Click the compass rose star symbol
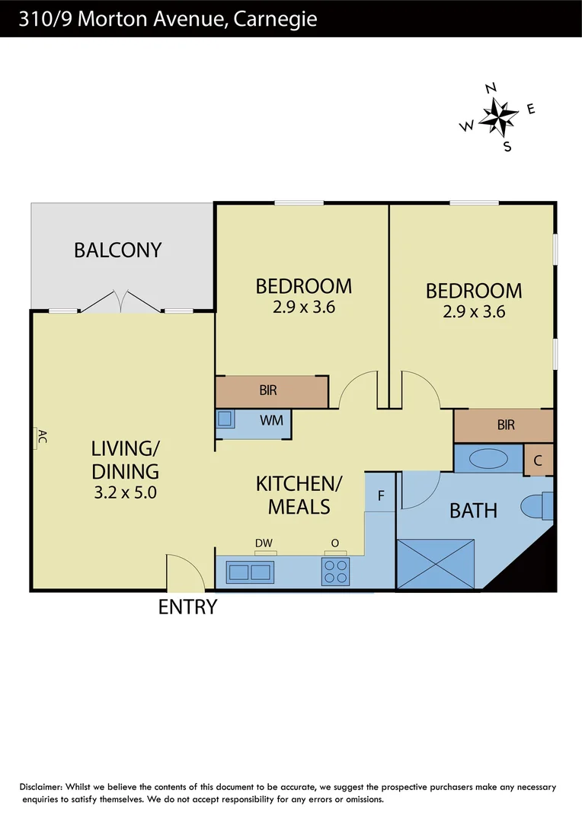[499, 116]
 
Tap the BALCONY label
[118, 250]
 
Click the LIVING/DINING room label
[126, 459]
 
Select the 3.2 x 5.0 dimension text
[125, 492]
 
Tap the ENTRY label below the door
[187, 607]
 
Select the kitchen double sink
[251, 572]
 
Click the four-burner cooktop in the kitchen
[335, 572]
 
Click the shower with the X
[436, 562]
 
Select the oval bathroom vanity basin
[487, 460]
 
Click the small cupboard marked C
[539, 460]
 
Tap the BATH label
[473, 510]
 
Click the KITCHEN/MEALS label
[299, 495]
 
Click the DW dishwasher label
[264, 543]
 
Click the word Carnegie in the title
[276, 18]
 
